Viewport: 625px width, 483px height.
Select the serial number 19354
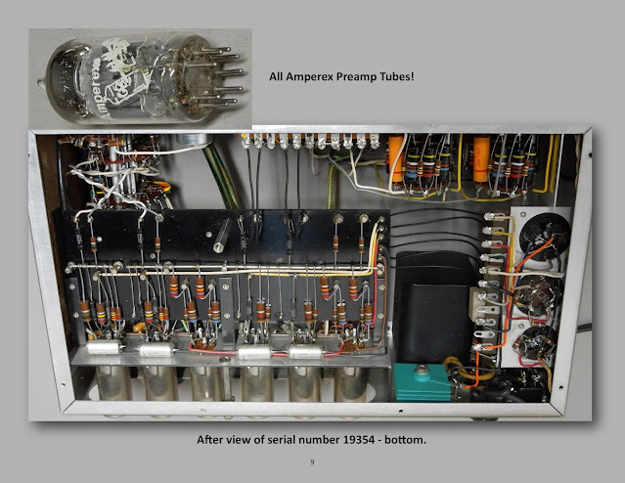point(357,440)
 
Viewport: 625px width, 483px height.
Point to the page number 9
point(312,462)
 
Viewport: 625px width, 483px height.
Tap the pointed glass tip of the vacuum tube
point(40,82)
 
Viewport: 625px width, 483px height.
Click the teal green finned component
point(424,382)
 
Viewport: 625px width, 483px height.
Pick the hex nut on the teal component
point(420,371)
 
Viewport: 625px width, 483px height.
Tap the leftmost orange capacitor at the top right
point(395,158)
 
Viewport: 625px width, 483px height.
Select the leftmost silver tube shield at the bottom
point(113,383)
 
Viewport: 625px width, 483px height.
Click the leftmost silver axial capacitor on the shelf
point(104,347)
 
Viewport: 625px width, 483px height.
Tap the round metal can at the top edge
point(194,139)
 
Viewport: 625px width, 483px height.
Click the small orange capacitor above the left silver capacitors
point(139,328)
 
